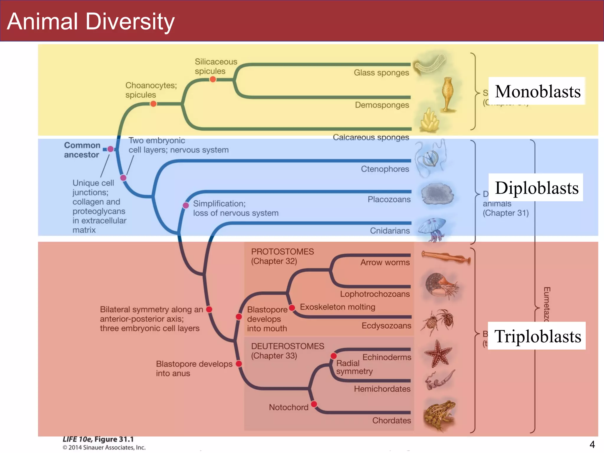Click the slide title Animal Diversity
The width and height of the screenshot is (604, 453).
(x=91, y=22)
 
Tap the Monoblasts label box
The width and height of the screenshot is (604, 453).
(x=537, y=91)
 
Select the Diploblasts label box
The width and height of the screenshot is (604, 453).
(x=536, y=188)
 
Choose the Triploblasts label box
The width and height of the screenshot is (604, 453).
(x=537, y=336)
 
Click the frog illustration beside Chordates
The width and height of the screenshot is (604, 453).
(x=439, y=414)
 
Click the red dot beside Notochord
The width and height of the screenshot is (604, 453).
(x=314, y=404)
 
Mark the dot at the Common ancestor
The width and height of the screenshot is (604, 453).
(x=110, y=149)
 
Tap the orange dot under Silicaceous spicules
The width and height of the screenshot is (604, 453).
(x=213, y=79)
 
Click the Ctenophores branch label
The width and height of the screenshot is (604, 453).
(x=385, y=169)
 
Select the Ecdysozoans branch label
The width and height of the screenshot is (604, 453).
(x=386, y=326)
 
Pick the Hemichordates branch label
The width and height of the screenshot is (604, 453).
(x=382, y=389)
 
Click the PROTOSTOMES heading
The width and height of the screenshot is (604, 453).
(x=282, y=252)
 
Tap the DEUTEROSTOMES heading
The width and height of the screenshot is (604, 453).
(x=288, y=346)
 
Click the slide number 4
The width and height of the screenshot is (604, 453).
(x=592, y=444)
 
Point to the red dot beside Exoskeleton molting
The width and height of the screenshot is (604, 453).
(x=292, y=308)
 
